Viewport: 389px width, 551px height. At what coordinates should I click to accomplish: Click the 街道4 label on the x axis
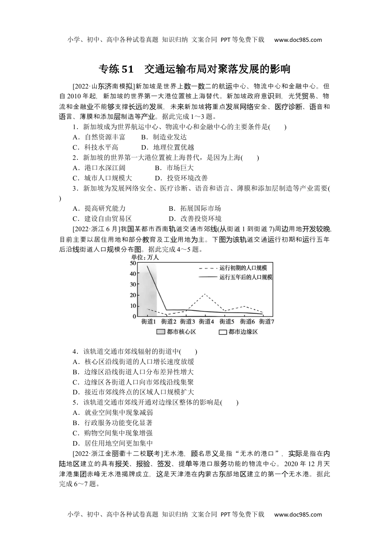pos(206,322)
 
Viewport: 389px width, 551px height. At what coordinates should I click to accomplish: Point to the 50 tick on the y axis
pos(133,263)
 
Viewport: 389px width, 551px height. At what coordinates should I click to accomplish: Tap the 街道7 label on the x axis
pos(266,322)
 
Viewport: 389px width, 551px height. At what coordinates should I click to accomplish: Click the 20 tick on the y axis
pos(133,295)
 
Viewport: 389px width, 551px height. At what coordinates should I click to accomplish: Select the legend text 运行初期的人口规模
pos(243,268)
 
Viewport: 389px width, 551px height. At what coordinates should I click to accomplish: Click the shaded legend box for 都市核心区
pos(161,332)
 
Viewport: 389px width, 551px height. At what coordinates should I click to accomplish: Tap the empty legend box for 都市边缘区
pos(223,332)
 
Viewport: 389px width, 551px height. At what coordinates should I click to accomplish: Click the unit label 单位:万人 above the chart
pos(145,257)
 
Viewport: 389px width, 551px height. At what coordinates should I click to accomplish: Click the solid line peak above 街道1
pos(147,266)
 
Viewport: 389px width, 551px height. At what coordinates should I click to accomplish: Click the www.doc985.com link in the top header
pos(298,40)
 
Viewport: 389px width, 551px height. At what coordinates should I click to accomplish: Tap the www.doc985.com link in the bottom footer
pos(298,515)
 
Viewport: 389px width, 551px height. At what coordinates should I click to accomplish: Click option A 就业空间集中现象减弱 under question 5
pos(113,413)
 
